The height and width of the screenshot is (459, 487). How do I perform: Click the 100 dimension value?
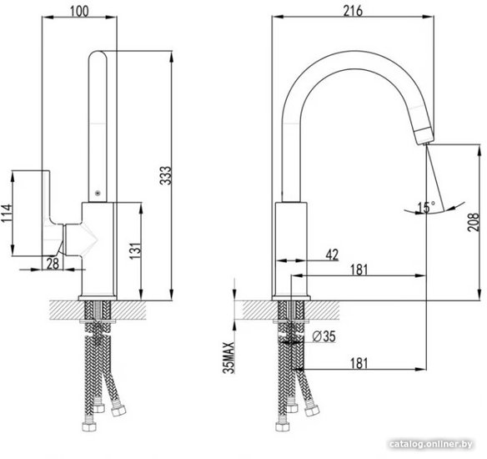tap(79, 11)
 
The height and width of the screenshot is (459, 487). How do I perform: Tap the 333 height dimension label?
tap(166, 175)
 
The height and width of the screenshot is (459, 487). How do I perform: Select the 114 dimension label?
tap(7, 213)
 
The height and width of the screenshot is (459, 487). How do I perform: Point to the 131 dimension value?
tap(135, 251)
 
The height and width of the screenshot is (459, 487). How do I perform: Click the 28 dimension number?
tap(53, 264)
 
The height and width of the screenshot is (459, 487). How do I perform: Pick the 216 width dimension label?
tap(353, 11)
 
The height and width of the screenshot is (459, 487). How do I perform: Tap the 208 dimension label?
tap(474, 222)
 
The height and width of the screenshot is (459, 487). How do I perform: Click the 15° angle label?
tap(426, 207)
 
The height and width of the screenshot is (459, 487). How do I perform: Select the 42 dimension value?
tap(332, 255)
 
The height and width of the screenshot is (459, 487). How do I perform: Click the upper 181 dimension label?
tap(359, 270)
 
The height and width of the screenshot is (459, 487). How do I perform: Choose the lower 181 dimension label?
tap(359, 363)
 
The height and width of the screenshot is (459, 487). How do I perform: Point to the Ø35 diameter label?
tap(324, 336)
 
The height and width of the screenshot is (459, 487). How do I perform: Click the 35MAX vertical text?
tap(228, 357)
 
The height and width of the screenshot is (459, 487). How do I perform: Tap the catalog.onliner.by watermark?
tap(431, 444)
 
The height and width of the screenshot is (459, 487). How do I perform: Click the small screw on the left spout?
tap(98, 193)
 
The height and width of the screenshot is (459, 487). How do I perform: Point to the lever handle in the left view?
tap(52, 213)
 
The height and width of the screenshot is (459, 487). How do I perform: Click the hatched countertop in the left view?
tap(98, 310)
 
